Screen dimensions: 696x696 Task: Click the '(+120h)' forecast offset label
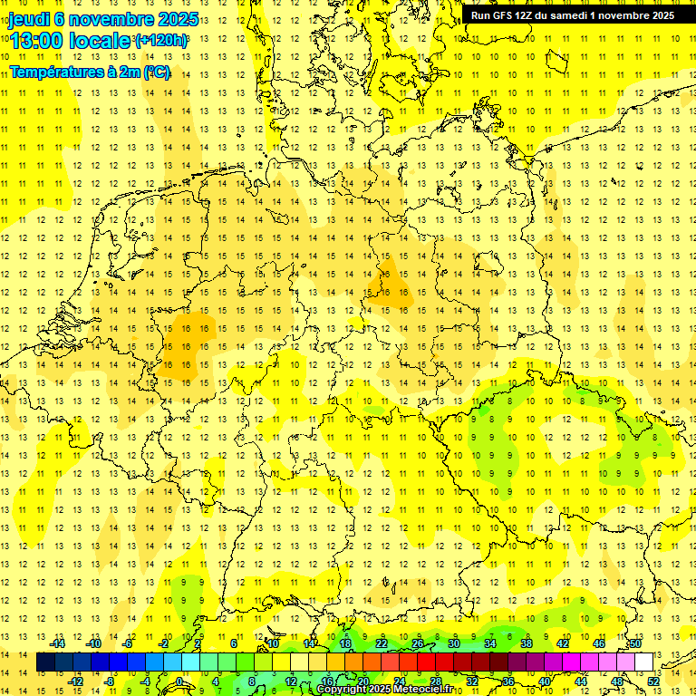coord(161,41)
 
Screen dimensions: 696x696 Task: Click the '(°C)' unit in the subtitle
coord(156,72)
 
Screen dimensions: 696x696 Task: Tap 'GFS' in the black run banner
coord(505,15)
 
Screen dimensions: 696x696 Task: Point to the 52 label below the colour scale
coord(653,681)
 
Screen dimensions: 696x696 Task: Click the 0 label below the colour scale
coord(179,681)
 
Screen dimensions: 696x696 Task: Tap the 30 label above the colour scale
coord(454,643)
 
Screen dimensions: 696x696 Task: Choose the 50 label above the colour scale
coord(635,643)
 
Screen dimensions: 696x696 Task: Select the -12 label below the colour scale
coord(76,681)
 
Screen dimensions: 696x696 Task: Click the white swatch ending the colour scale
coord(643,662)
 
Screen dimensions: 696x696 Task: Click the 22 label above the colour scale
coord(382,643)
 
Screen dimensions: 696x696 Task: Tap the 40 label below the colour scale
coord(545,681)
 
